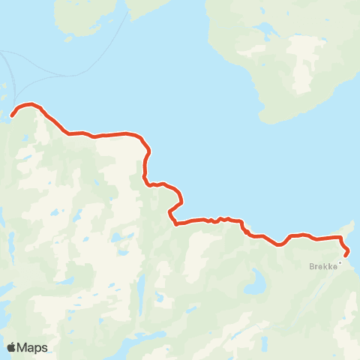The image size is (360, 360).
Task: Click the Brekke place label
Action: tap(322, 265)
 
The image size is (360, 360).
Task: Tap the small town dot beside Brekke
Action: tap(339, 262)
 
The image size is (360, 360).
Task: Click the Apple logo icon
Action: tap(11, 347)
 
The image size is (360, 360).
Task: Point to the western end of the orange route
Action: tap(12, 115)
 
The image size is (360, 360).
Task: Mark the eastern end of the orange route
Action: tap(345, 256)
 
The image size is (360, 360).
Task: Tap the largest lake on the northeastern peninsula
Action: tap(264, 31)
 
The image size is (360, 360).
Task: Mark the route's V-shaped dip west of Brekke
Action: tap(279, 244)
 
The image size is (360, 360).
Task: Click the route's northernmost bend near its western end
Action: tap(28, 104)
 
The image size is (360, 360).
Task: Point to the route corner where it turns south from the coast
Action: tap(145, 147)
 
